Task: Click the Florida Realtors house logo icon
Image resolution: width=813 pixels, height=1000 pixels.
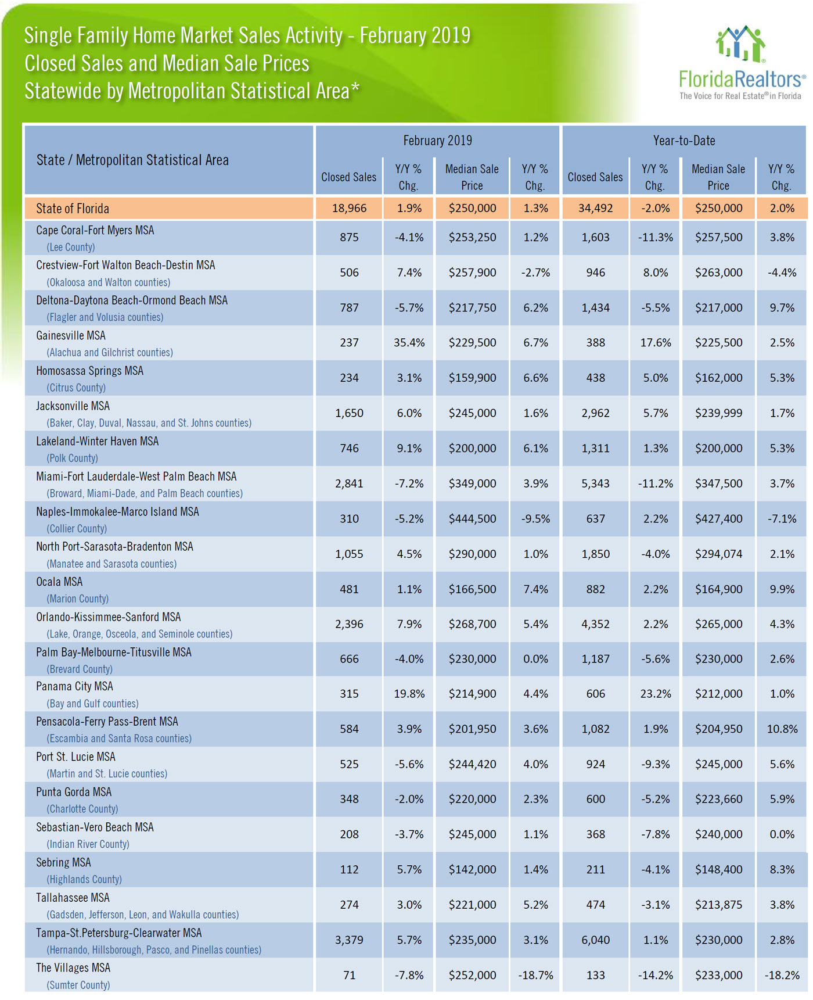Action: click(740, 44)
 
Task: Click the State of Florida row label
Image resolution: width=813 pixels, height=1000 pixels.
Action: click(73, 209)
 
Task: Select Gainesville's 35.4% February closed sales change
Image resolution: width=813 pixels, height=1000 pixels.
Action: click(409, 343)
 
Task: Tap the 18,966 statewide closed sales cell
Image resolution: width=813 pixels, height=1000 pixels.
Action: click(350, 209)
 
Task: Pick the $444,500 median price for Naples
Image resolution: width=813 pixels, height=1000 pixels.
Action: click(472, 519)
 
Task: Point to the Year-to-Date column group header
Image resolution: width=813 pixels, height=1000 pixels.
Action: click(684, 141)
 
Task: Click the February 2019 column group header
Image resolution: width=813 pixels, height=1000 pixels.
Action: click(438, 141)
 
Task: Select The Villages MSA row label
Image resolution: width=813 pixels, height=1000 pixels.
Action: click(73, 968)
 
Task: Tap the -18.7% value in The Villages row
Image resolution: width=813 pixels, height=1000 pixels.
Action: click(535, 976)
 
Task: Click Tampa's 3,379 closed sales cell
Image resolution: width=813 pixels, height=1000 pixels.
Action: click(350, 940)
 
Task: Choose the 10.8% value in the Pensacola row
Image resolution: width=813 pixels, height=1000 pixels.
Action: click(782, 729)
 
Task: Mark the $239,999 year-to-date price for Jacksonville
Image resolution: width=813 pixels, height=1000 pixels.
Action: click(718, 413)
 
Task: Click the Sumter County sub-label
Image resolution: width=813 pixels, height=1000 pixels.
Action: click(78, 985)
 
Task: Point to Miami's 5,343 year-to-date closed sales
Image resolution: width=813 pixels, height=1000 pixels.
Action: click(596, 483)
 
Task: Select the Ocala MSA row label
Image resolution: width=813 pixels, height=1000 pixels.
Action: click(59, 582)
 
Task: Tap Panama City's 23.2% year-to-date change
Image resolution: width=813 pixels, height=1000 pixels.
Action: click(656, 694)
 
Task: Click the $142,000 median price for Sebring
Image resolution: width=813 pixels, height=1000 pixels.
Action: click(472, 870)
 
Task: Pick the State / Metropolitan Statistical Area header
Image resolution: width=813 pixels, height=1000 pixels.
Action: click(132, 160)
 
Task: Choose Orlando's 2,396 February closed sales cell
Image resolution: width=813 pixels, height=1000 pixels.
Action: click(350, 624)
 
